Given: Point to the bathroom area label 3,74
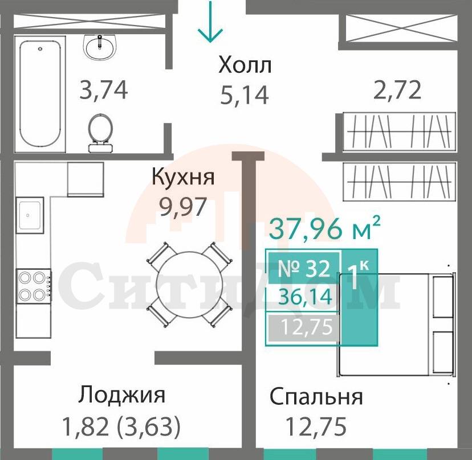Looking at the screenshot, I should coord(103,90).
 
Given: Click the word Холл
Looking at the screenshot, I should coord(245,65).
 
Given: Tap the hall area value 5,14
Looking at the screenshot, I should coord(244,95).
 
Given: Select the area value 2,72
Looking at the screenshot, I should coord(397,90).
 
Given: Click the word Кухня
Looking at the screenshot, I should coord(183,177).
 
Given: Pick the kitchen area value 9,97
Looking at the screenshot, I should coord(183,206).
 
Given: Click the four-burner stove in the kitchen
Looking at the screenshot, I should coord(31,286).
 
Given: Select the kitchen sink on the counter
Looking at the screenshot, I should coord(30,215).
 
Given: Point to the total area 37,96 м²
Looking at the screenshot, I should coord(324,229).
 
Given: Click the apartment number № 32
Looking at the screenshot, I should coord(303,268).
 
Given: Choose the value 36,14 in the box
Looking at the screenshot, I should coord(304,297).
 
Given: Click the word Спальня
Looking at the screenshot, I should coord(316,397).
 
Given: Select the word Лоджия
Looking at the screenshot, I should coord(123,394).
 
